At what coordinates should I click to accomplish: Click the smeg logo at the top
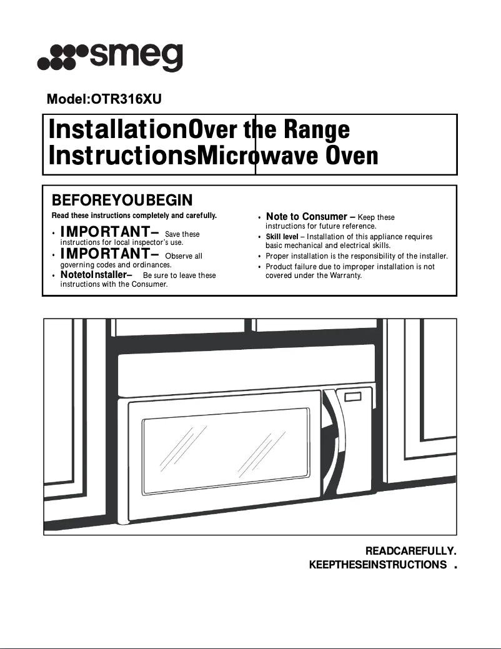pos(111,57)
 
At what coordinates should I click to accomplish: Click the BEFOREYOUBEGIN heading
pos(122,200)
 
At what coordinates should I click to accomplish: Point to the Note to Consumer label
pos(306,217)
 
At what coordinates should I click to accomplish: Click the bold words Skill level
pos(282,237)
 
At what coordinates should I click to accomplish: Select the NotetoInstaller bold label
pos(96,275)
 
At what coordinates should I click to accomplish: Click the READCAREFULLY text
pos(411,551)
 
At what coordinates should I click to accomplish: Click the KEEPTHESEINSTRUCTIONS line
pos(378,565)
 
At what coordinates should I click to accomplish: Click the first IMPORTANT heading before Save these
pos(108,234)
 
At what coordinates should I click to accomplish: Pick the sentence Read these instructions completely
pos(134,216)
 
